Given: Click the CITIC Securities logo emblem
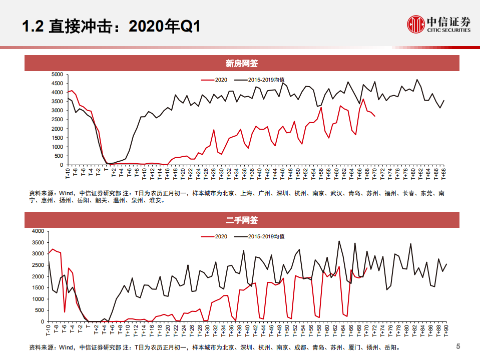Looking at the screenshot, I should click(x=415, y=24).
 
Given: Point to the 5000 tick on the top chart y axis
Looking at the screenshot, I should click(x=57, y=74).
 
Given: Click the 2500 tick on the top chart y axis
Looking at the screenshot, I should click(x=57, y=120).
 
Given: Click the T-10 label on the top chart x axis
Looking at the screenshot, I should click(x=68, y=173).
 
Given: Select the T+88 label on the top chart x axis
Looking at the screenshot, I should click(x=443, y=173).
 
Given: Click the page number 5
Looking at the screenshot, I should click(x=458, y=346).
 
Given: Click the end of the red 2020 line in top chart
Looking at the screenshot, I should click(x=375, y=116).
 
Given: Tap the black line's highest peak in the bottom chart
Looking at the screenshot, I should click(x=339, y=241).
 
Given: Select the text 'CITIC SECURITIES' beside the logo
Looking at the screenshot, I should click(x=448, y=30).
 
